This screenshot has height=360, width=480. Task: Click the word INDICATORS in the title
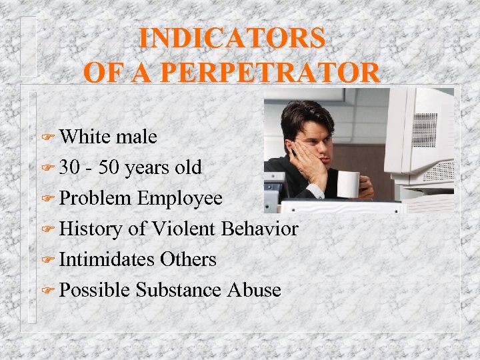tap(232, 38)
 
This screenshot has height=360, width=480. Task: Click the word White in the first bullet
tap(85, 137)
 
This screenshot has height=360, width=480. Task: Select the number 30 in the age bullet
tap(69, 167)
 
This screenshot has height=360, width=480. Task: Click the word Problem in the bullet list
tap(95, 198)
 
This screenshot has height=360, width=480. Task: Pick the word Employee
tap(180, 198)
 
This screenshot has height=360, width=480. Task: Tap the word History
tap(91, 229)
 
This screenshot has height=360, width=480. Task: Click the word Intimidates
tap(107, 259)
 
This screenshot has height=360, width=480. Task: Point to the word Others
tap(189, 259)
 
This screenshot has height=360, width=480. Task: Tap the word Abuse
tap(254, 290)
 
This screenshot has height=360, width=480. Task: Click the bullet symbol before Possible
tap(47, 291)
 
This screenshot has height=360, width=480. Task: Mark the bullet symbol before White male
tap(47, 138)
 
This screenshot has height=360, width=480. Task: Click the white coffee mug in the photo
tap(349, 185)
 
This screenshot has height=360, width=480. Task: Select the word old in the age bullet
tap(188, 167)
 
